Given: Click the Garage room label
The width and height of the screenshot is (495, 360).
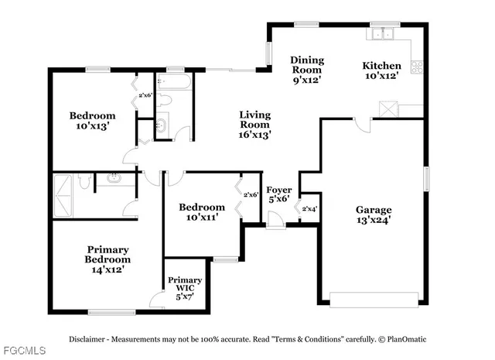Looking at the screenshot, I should tap(374, 214).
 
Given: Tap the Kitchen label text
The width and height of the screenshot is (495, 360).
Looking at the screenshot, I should tap(382, 71).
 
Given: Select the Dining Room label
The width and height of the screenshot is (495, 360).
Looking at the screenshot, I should tap(307, 70).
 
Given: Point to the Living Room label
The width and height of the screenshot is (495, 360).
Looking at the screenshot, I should tap(254, 124).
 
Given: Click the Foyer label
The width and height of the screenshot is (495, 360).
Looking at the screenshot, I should tap(278, 194).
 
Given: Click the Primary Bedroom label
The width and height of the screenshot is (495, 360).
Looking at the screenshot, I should tap(108, 259).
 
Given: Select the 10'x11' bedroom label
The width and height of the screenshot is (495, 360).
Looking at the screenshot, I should tap(202, 212).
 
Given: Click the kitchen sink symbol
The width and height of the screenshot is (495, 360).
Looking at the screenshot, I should tap(381, 34).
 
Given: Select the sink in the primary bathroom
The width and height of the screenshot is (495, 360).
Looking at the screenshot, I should tap(113, 179).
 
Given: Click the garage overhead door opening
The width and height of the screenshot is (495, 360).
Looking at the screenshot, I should tap(376, 298).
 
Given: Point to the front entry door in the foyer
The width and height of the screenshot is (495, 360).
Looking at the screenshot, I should tap(275, 225).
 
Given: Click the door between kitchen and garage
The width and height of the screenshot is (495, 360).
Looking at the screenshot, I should tap(361, 124).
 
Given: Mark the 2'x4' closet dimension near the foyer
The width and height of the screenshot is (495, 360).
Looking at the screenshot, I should tap(309, 209).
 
